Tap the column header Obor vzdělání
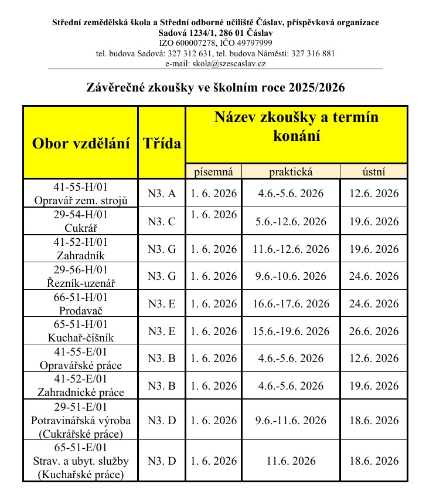pyautogui.click(x=80, y=143)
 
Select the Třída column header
pyautogui.click(x=162, y=143)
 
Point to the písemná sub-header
pyautogui.click(x=213, y=171)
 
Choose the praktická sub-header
pyautogui.click(x=291, y=171)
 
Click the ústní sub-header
pyautogui.click(x=374, y=171)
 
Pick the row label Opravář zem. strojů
pyautogui.click(x=80, y=200)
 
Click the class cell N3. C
pyautogui.click(x=162, y=221)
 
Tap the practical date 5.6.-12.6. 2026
pyautogui.click(x=291, y=221)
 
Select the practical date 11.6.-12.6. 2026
pyautogui.click(x=291, y=249)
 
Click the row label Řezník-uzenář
pyautogui.click(x=80, y=283)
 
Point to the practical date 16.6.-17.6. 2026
pyautogui.click(x=291, y=304)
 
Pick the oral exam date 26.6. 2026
pyautogui.click(x=374, y=331)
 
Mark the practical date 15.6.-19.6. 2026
pyautogui.click(x=291, y=331)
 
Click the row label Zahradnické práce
pyautogui.click(x=80, y=393)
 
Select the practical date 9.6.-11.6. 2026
pyautogui.click(x=291, y=420)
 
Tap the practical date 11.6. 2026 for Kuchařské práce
pyautogui.click(x=291, y=461)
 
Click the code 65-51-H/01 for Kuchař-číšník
pyautogui.click(x=80, y=324)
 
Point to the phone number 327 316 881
pyautogui.click(x=313, y=53)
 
